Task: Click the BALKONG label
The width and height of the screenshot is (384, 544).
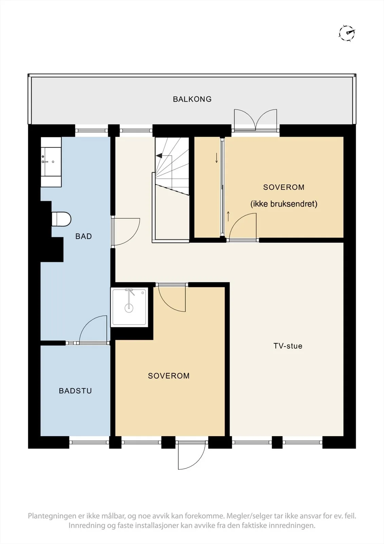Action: coord(192,99)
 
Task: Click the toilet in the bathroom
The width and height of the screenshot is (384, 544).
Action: coord(61,219)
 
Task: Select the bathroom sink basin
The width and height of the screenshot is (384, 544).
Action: coord(51,161)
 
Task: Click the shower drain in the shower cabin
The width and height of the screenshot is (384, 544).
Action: coord(129,308)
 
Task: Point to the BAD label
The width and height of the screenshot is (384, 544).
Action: coord(84,236)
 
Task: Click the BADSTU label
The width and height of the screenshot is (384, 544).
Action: coord(75,391)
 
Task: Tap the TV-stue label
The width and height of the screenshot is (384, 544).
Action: coord(288,346)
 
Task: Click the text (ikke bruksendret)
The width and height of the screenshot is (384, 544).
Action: coord(284,204)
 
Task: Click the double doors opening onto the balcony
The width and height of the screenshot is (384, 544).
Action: coord(255,120)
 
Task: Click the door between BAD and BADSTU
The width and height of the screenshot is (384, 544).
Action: coord(93,329)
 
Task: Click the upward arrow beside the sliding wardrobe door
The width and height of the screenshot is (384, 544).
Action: coord(228,216)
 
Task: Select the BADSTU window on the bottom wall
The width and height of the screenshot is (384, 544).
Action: coord(89,442)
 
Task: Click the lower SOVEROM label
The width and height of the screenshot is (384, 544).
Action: coord(169,376)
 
